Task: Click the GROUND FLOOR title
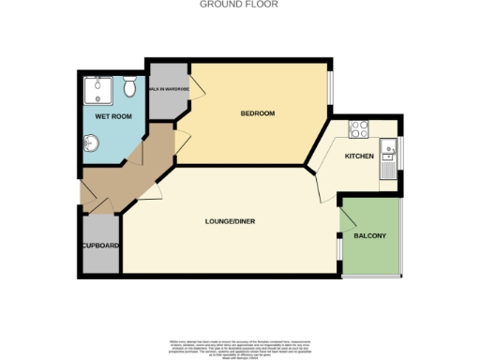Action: point(240,5)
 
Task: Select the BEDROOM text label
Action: point(257,113)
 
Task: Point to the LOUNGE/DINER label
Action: point(231,221)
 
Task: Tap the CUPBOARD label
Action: point(100,246)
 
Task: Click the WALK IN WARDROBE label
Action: point(169,89)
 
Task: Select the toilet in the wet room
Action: point(130,86)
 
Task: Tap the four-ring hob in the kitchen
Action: point(359,128)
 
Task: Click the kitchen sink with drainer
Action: point(387,160)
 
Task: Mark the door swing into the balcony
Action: point(348,219)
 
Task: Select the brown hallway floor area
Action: point(131,169)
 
